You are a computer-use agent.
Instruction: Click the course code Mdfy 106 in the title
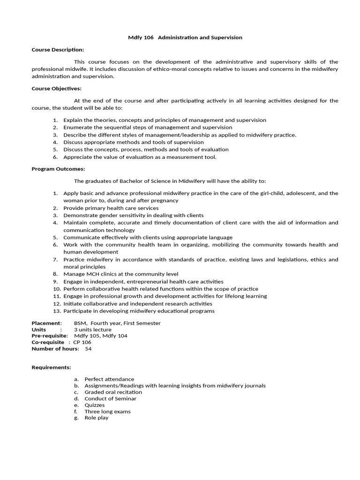point(141,37)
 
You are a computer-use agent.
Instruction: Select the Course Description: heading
point(58,50)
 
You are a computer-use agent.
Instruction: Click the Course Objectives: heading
point(56,89)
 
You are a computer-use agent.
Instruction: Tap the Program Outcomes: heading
point(58,169)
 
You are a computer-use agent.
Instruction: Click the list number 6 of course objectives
point(55,157)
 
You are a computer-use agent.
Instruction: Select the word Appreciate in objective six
point(77,157)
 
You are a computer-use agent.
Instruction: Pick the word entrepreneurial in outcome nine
point(138,282)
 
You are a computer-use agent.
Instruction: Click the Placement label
point(46,323)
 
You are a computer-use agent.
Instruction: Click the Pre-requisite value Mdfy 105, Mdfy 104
point(100,336)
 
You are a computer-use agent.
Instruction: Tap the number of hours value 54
point(88,349)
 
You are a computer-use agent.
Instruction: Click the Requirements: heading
point(51,367)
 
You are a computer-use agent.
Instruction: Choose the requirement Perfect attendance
point(109,379)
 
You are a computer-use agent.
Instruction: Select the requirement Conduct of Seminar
point(110,398)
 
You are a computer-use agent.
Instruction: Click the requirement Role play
point(96,418)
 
